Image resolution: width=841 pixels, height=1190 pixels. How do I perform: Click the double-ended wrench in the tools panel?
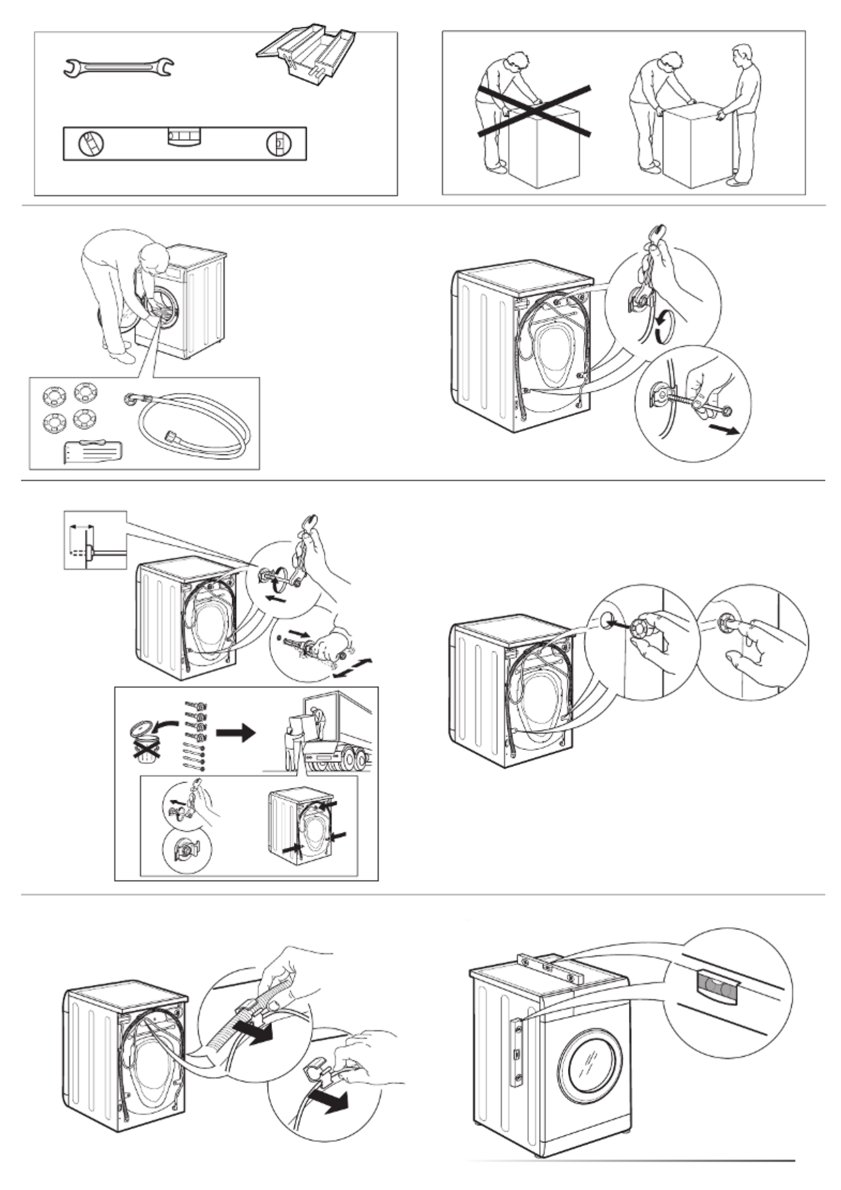(x=118, y=67)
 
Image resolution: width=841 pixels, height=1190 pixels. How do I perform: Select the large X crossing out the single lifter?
(x=534, y=109)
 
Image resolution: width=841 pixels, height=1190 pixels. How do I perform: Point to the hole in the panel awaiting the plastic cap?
(x=605, y=620)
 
